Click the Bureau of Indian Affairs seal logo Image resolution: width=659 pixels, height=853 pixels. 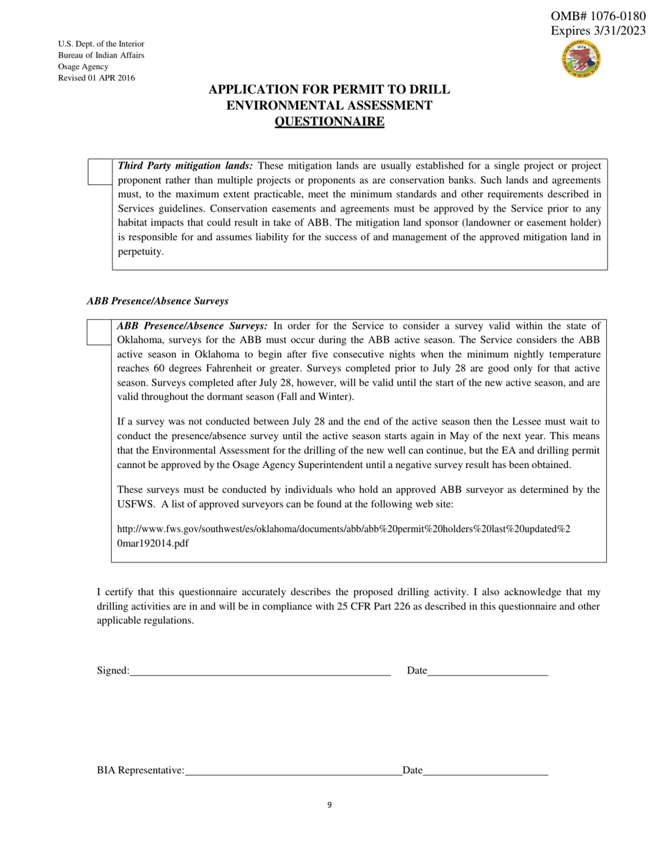tap(581, 59)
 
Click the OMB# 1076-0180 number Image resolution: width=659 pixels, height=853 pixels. tap(597, 16)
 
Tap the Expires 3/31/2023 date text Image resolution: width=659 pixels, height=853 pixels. tap(597, 31)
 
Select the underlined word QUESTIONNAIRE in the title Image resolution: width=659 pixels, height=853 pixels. tap(329, 122)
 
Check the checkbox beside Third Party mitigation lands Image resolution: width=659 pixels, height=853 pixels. tap(99, 172)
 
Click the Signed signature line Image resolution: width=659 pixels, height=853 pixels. tap(260, 670)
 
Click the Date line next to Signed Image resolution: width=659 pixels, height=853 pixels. tap(488, 670)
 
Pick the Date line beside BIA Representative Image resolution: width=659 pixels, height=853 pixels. tap(485, 770)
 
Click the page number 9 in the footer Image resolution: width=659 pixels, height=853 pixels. tap(329, 805)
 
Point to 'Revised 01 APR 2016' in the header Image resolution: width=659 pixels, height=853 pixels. tap(96, 78)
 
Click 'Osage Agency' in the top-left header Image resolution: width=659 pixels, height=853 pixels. tap(83, 67)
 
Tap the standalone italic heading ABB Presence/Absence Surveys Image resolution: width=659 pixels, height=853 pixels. tap(157, 301)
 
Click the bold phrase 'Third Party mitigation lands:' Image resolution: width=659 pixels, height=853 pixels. tap(185, 166)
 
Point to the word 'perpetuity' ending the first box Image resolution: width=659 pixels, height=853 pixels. tap(141, 252)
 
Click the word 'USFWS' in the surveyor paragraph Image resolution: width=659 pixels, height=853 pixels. tap(136, 504)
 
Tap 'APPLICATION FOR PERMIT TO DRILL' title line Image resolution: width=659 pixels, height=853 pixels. tap(329, 89)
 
